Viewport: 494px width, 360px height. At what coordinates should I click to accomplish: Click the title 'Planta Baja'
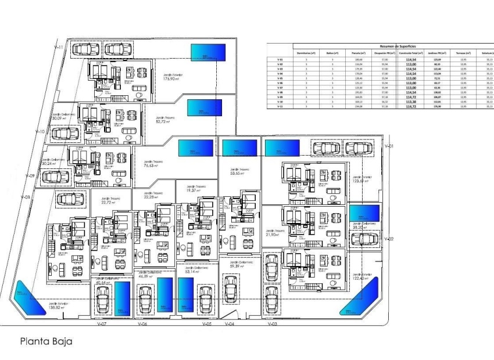tap(46, 341)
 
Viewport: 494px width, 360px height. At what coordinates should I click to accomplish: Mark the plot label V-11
tap(58, 46)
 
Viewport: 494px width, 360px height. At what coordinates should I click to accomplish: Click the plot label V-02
tap(389, 239)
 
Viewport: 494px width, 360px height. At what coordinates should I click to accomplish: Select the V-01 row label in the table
tap(280, 59)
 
